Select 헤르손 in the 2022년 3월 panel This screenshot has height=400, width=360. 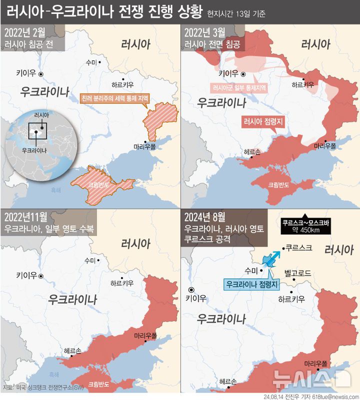pyautogui.click(x=252, y=151)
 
